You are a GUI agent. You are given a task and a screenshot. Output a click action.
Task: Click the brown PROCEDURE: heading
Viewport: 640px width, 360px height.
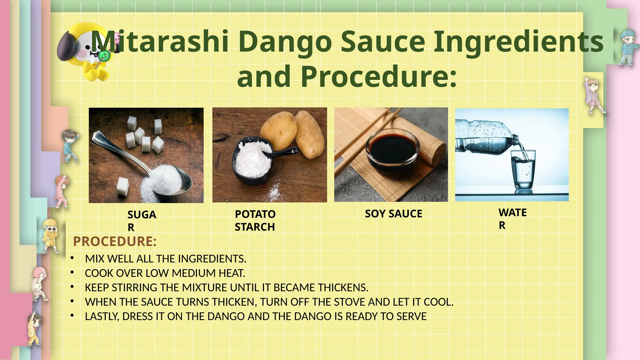pos(115,242)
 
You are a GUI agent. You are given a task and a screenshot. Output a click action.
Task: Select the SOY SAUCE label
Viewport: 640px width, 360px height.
pos(393,214)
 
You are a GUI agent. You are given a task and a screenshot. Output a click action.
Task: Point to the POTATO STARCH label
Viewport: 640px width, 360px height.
pos(255,221)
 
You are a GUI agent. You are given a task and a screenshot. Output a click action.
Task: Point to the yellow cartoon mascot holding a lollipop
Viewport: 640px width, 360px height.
pos(86,52)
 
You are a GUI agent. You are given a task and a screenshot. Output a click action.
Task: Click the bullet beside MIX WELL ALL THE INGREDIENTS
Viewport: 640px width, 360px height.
pos(72,258)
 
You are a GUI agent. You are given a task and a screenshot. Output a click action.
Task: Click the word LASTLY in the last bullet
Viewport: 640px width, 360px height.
pos(102,317)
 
